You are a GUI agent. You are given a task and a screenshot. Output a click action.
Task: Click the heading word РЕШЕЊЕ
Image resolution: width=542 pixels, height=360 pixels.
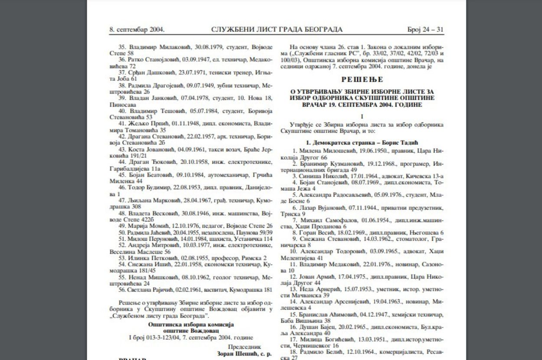coord(362,79)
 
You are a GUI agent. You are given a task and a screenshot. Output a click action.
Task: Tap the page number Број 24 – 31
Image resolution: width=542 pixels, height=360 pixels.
coord(425,29)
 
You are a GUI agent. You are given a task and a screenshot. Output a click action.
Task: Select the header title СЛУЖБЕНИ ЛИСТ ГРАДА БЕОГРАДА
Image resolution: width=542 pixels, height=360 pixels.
coord(277,29)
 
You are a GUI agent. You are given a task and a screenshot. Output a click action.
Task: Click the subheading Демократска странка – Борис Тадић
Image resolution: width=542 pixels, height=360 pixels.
coord(362,143)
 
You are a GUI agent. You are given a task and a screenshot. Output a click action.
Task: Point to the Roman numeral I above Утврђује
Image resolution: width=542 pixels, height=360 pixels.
coord(362,117)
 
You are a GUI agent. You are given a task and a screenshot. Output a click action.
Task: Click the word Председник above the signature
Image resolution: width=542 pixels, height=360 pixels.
coord(245,347)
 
